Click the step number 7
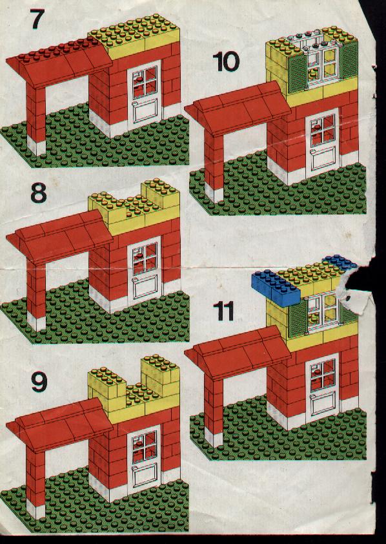pyautogui.click(x=37, y=19)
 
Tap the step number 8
pyautogui.click(x=39, y=193)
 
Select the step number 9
pyautogui.click(x=39, y=382)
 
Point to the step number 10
pyautogui.click(x=226, y=62)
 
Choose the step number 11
pyautogui.click(x=223, y=311)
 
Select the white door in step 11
pyautogui.click(x=323, y=388)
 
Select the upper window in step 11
pyautogui.click(x=323, y=311)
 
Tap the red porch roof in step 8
pyautogui.click(x=59, y=236)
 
